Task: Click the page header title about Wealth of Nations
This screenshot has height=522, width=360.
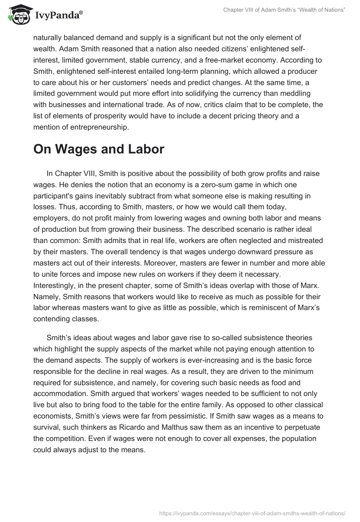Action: (x=284, y=10)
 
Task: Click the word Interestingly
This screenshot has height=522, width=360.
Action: (x=56, y=285)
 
